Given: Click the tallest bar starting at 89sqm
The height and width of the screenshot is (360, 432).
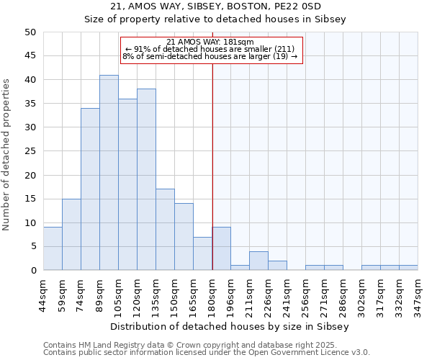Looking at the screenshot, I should [109, 173].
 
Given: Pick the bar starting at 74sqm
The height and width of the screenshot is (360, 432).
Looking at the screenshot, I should [90, 189].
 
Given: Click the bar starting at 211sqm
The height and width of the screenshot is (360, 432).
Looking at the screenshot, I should [258, 261].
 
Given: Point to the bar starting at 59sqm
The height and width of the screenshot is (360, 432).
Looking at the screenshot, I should [71, 235].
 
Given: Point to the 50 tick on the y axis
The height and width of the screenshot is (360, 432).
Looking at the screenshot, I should [30, 32].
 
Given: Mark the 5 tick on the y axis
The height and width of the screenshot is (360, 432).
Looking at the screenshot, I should [33, 246].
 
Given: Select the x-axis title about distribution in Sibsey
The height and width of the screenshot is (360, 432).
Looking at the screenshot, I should [230, 326].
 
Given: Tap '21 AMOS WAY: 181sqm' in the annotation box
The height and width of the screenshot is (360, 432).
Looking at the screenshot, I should [210, 42].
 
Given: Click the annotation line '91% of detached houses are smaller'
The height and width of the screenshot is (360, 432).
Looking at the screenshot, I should [210, 49].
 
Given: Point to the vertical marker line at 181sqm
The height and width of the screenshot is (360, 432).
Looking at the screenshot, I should [212, 158].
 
